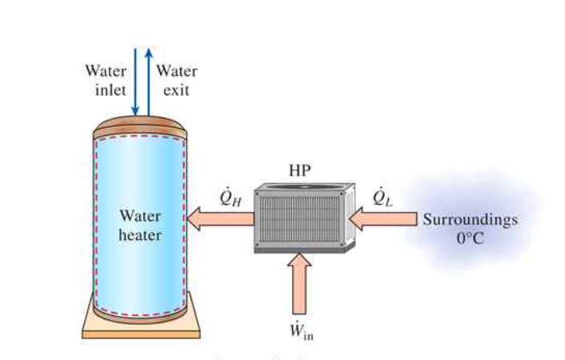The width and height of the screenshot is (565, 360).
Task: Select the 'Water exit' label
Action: pos(176,80)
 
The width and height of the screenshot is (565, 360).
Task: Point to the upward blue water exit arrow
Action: pos(147,80)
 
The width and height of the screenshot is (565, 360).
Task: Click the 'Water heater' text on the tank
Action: pos(140,226)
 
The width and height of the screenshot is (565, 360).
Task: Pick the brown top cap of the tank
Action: pos(141,127)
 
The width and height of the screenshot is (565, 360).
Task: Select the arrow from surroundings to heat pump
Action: pos(384,218)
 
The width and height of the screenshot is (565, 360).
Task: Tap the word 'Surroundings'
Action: pos(470,219)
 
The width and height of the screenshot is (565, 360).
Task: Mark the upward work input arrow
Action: pos(299,284)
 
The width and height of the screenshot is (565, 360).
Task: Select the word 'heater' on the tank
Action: pos(140,235)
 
